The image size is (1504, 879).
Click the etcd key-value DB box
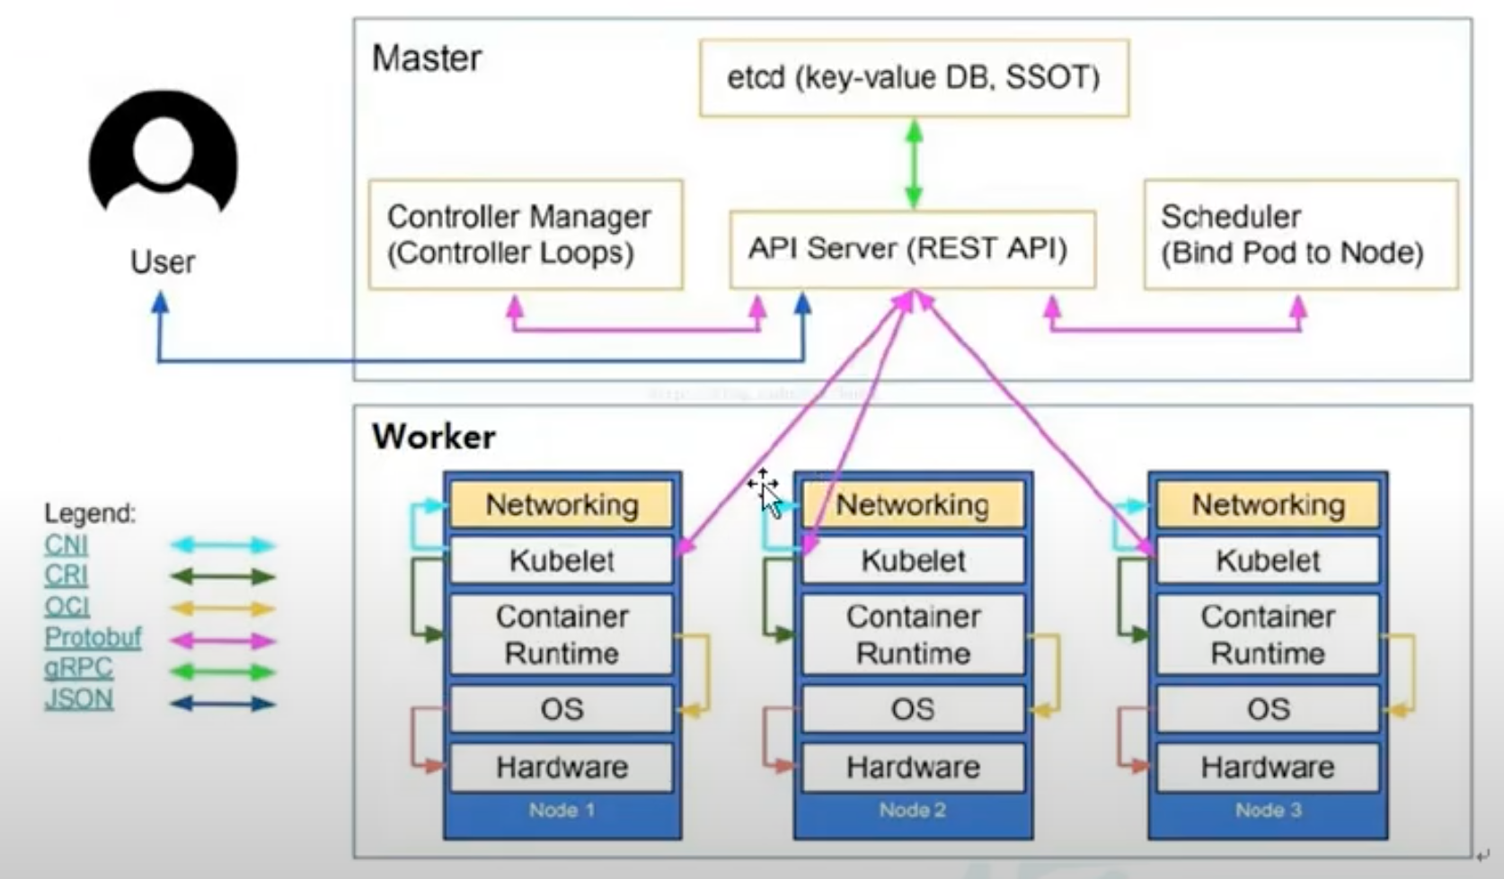pos(914,78)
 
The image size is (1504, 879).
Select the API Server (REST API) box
pos(912,249)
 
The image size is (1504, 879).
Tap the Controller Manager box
pos(526,235)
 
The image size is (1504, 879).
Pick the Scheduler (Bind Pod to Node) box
pos(1300,235)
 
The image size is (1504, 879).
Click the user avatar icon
pos(164,153)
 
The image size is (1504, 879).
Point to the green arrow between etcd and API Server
pos(914,164)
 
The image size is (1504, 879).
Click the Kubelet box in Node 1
pos(562,560)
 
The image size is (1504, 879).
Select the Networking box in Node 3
pos(1268,505)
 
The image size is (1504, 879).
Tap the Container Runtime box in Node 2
pos(913,635)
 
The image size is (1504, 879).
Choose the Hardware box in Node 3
pos(1268,767)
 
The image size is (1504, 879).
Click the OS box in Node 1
pos(562,709)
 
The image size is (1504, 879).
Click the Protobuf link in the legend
pos(93,637)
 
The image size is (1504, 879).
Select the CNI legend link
pos(66,545)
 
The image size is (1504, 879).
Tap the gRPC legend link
pos(78,668)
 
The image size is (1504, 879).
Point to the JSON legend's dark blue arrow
pos(223,704)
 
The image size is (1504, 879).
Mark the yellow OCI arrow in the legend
pos(223,608)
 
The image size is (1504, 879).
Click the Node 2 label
pos(912,810)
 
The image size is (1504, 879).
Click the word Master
pos(427,58)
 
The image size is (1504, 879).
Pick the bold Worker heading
pos(434,437)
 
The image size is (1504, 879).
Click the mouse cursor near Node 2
pos(766,493)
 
